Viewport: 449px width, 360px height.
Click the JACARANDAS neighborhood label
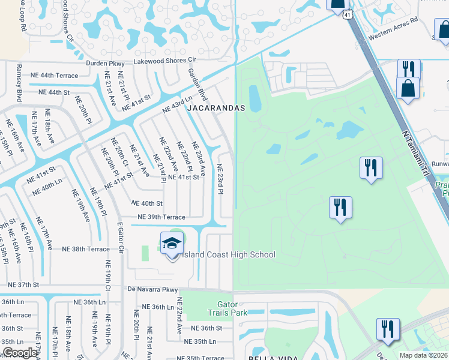(216, 109)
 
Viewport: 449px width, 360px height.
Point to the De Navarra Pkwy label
(154, 289)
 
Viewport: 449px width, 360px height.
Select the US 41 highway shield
(348, 17)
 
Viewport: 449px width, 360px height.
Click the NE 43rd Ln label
(177, 104)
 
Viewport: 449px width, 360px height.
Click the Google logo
(20, 353)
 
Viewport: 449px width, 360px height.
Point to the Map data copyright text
(424, 355)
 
